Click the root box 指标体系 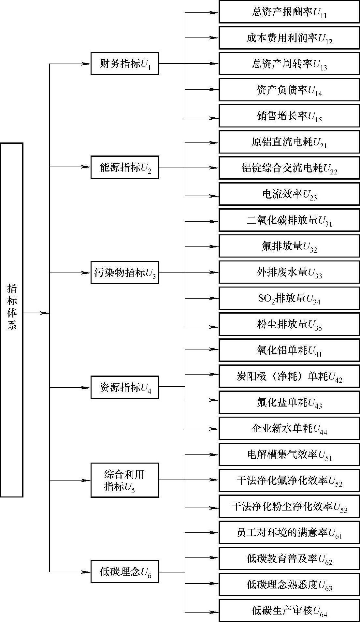[x=12, y=319]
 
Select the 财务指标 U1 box [x=125, y=64]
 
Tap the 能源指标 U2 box [x=125, y=168]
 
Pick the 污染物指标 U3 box [x=125, y=273]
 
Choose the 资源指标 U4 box [x=125, y=387]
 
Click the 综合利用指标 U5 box [x=125, y=480]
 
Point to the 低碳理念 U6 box [x=125, y=572]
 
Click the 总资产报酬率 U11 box [x=289, y=12]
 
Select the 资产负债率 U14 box [x=289, y=90]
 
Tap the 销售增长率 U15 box [x=289, y=116]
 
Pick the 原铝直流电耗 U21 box [x=289, y=142]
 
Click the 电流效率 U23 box [x=289, y=194]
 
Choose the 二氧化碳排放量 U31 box [x=289, y=220]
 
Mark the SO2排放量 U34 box [x=289, y=298]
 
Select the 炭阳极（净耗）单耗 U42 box [x=289, y=377]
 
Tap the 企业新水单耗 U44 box [x=289, y=428]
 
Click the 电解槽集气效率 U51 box [x=289, y=454]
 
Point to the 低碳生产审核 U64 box [x=289, y=611]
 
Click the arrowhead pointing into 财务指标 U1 [x=86, y=64]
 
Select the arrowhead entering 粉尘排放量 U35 [x=214, y=327]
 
